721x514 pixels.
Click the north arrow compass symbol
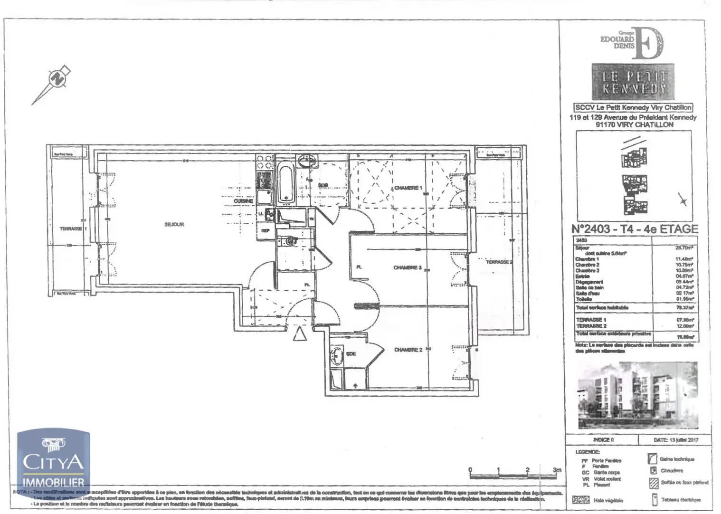(57, 79)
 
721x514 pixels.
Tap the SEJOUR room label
(174, 224)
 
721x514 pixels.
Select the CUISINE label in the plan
(243, 201)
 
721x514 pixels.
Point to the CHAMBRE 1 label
(408, 188)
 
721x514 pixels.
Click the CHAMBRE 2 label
(408, 350)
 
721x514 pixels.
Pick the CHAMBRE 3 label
(408, 268)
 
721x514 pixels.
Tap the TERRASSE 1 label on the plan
(70, 229)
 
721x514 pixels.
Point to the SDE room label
(351, 354)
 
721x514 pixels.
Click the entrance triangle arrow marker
(299, 334)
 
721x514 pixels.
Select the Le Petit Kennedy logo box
(633, 82)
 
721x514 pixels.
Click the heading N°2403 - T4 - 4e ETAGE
(635, 229)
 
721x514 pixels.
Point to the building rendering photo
(637, 395)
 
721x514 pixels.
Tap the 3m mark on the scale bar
(557, 470)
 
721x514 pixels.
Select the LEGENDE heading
(588, 452)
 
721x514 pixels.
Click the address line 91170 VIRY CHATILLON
(634, 124)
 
